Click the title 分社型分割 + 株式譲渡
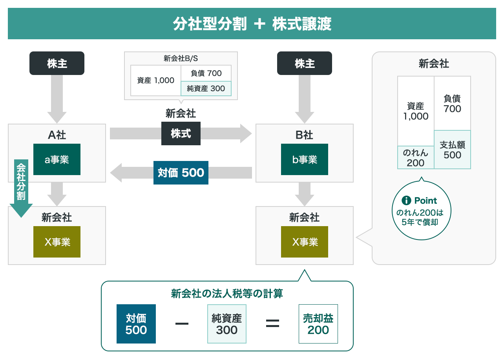(x=252, y=24)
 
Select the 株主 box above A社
(x=57, y=63)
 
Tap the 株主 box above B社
(x=305, y=63)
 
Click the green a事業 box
(x=57, y=159)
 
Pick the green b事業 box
(x=305, y=159)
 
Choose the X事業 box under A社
(x=57, y=242)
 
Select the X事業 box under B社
(x=305, y=242)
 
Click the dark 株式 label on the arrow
(x=181, y=133)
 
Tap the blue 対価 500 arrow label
(x=181, y=173)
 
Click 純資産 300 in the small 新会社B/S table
(x=206, y=88)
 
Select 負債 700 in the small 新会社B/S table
(x=206, y=73)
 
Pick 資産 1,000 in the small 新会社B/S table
(x=156, y=80)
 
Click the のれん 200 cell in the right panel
(x=416, y=157)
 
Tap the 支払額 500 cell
(x=452, y=150)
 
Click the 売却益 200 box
(x=318, y=324)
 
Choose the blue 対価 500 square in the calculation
(x=136, y=324)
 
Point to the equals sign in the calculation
(x=272, y=323)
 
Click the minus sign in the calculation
(x=182, y=323)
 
